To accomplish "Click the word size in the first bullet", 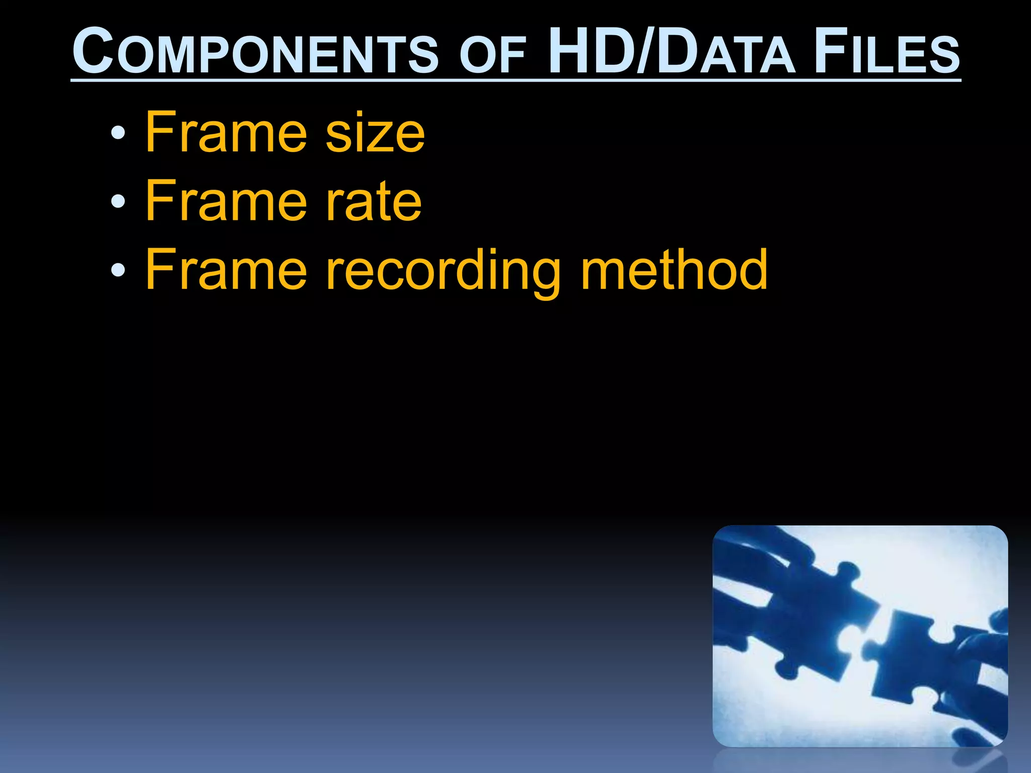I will [x=375, y=133].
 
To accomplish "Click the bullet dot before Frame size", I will [x=118, y=133].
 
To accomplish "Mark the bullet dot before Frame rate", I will [x=118, y=202].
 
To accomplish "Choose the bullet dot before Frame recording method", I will [x=118, y=271].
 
